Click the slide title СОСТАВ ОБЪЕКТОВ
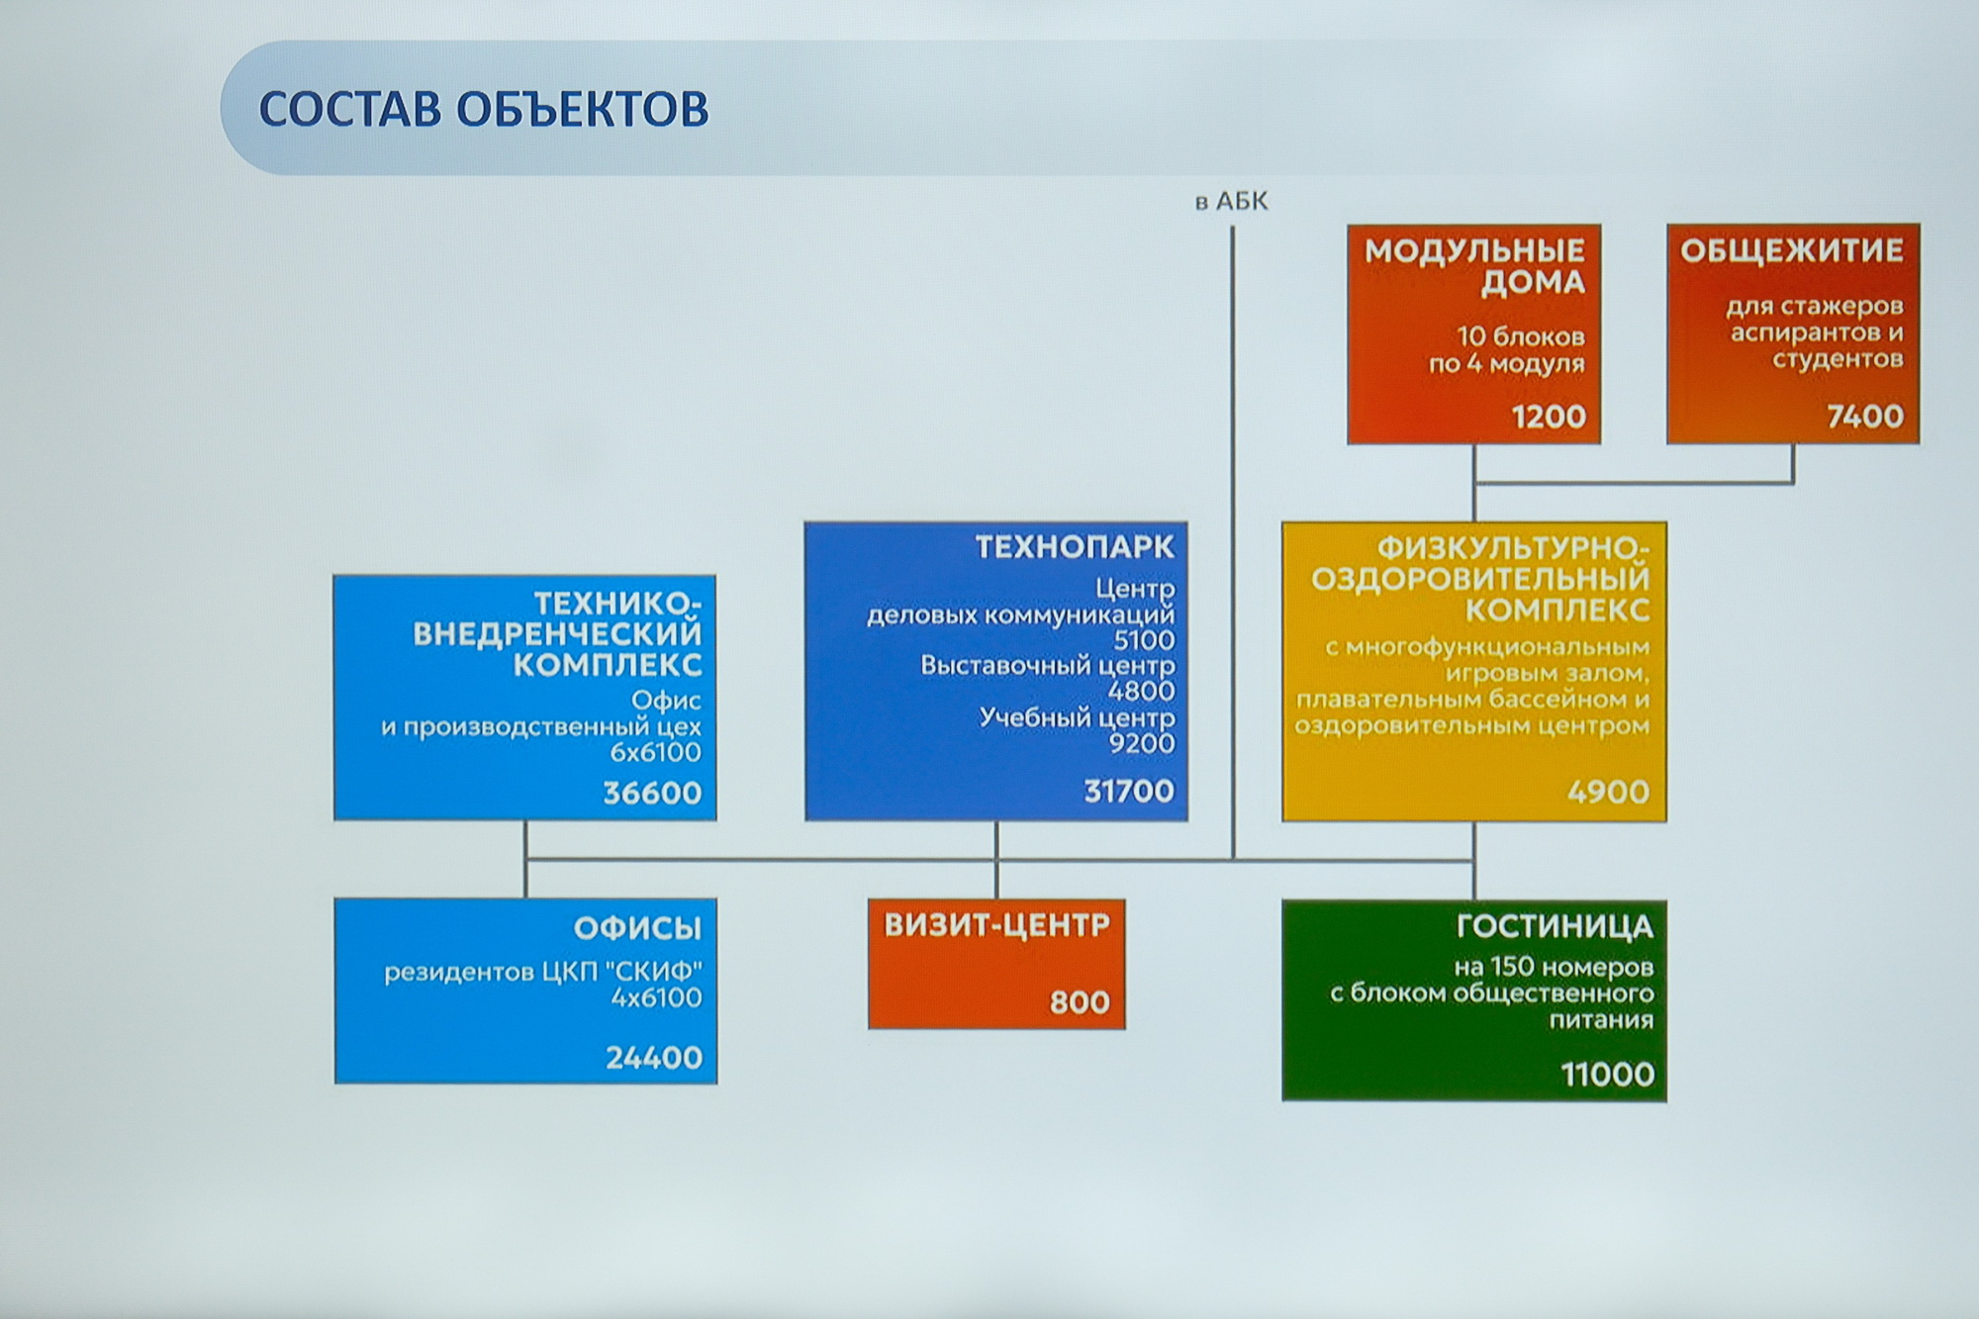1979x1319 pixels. click(484, 109)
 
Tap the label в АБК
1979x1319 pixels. click(1231, 202)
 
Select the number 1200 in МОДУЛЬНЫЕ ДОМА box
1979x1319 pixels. click(1549, 417)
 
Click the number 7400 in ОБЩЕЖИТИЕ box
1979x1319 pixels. click(1865, 416)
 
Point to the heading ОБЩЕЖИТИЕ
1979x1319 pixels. click(1792, 250)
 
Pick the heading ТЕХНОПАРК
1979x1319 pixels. click(1075, 547)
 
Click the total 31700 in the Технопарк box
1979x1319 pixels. click(1129, 791)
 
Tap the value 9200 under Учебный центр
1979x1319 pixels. click(1142, 743)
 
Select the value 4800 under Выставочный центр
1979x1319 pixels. click(1142, 691)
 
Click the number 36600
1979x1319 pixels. click(652, 793)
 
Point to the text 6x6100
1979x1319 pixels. click(655, 752)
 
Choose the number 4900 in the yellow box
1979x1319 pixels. click(1608, 792)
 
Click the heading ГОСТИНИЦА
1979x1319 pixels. click(1555, 927)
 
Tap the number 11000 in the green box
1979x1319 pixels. click(1607, 1074)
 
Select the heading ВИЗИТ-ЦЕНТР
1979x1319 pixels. click(996, 925)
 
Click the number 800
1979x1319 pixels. click(1080, 1002)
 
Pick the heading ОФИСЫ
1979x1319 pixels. click(637, 928)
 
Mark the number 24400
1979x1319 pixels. click(654, 1058)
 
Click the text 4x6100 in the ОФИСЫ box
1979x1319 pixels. click(656, 997)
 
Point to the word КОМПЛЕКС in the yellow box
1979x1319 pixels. click(1557, 610)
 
